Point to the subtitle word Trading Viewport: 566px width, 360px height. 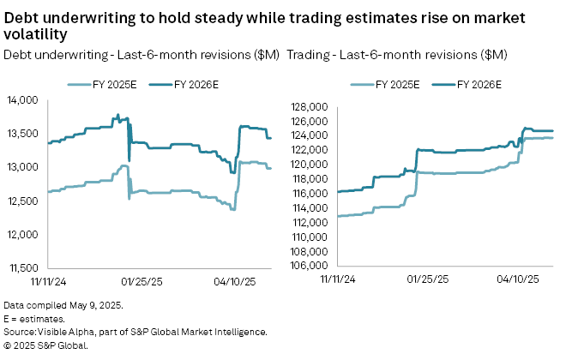(309, 55)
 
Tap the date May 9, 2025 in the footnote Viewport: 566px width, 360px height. (93, 306)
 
